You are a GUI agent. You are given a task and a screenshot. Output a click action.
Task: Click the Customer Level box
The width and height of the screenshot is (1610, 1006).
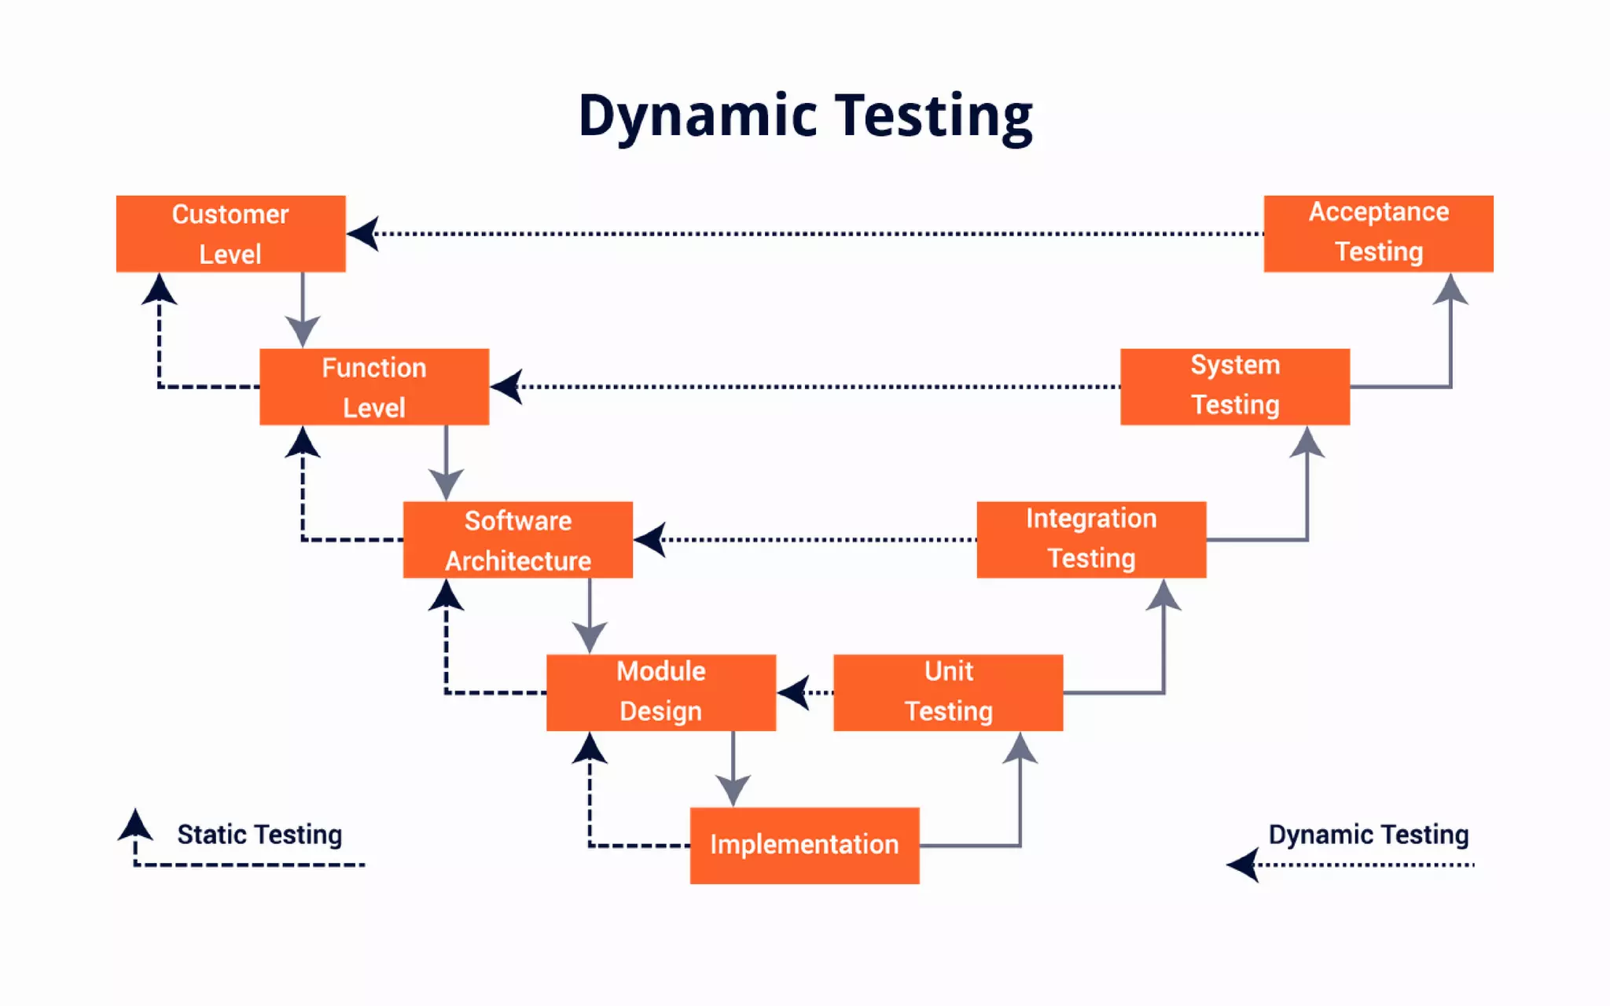point(230,233)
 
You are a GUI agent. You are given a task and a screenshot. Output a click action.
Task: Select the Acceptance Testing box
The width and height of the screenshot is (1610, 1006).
point(1378,233)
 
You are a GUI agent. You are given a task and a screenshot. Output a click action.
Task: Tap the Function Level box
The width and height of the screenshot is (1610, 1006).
point(374,387)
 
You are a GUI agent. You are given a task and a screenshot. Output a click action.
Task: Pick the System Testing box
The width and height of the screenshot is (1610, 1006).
point(1234,387)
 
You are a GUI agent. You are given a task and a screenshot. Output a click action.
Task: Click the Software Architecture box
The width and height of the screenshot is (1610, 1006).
point(517,540)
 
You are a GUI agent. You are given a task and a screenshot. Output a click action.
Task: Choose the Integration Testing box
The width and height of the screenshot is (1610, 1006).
point(1091,540)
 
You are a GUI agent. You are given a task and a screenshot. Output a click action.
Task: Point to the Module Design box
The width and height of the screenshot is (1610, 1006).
point(660,692)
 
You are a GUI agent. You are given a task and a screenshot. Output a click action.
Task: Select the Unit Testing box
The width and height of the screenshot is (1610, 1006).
point(948,692)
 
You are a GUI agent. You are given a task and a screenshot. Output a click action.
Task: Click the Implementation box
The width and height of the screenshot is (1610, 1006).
point(804,845)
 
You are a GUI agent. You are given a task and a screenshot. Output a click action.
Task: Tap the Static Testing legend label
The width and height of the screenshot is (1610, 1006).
point(259,834)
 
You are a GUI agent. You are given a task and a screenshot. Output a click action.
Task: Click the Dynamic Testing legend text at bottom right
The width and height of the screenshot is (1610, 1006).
point(1368,834)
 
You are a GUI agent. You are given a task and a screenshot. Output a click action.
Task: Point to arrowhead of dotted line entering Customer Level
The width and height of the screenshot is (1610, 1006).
point(363,233)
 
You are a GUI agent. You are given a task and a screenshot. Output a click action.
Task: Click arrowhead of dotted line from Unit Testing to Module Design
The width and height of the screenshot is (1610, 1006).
point(794,692)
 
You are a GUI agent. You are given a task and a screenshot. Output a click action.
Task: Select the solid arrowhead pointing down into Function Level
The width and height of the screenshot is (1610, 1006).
point(303,330)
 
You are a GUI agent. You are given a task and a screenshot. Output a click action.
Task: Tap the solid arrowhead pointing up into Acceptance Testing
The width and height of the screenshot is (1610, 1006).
point(1450,290)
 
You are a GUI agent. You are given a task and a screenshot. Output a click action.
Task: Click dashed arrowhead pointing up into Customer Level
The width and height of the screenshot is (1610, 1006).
point(159,290)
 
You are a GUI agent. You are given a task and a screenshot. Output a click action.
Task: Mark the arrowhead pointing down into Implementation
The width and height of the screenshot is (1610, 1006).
point(733,789)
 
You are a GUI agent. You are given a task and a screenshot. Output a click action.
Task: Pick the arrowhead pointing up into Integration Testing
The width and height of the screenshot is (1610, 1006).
point(1163,596)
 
